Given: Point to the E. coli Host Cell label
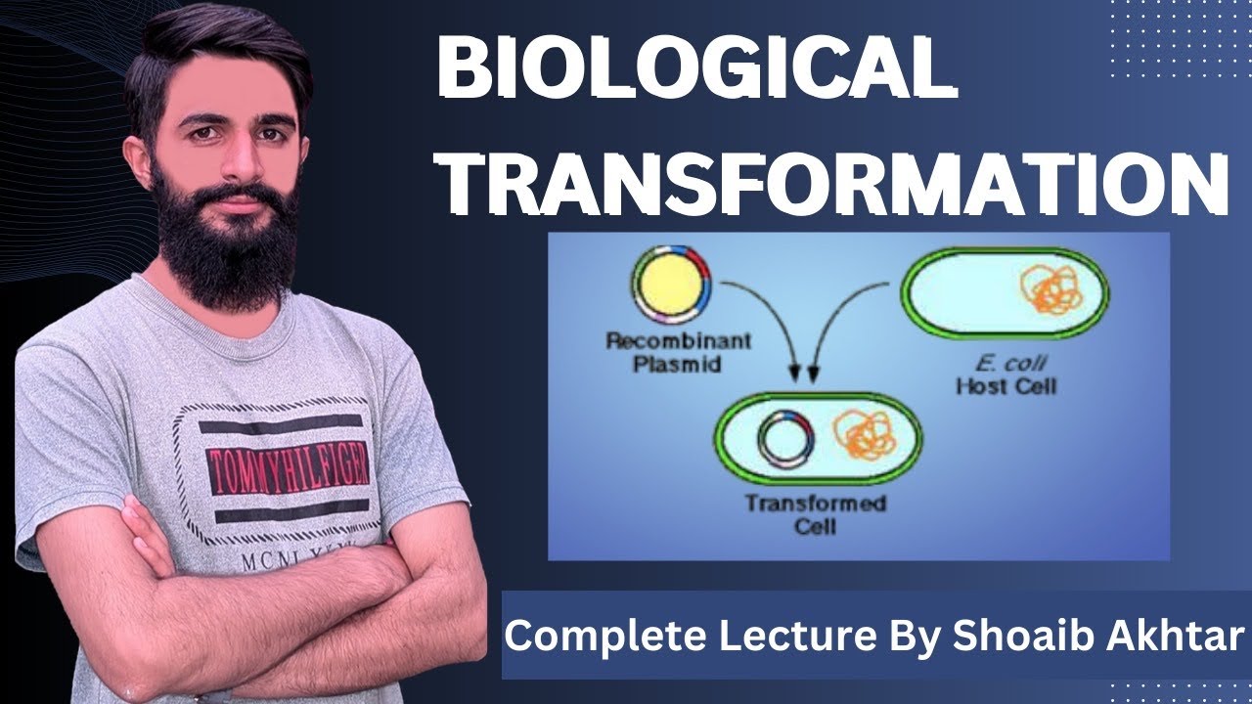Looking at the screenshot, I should [x=1006, y=376].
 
